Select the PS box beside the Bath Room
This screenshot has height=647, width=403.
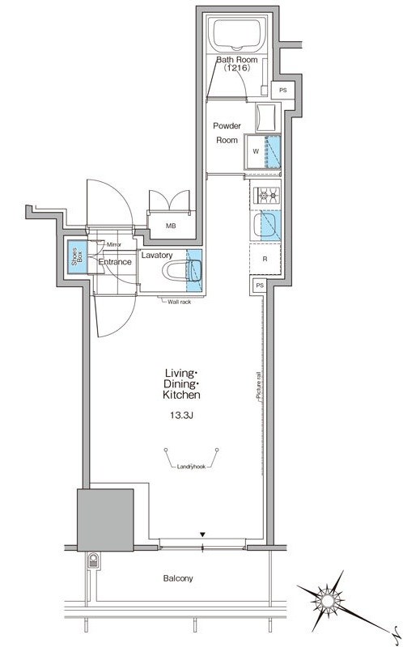point(283,90)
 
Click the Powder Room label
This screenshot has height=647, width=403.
point(227,133)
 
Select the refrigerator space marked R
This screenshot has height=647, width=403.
point(265,259)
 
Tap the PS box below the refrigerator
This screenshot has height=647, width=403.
point(260,285)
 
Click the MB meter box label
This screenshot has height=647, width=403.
point(171,226)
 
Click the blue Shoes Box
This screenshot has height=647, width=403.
point(78,256)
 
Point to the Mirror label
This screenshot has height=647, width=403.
point(114,244)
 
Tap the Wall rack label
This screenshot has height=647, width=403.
point(179,302)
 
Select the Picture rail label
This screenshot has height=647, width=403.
point(258,386)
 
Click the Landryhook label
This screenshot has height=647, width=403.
point(191,467)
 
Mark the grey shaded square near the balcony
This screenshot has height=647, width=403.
point(106,520)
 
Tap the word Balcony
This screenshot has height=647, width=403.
point(178,578)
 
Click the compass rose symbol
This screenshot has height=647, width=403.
point(329,598)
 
